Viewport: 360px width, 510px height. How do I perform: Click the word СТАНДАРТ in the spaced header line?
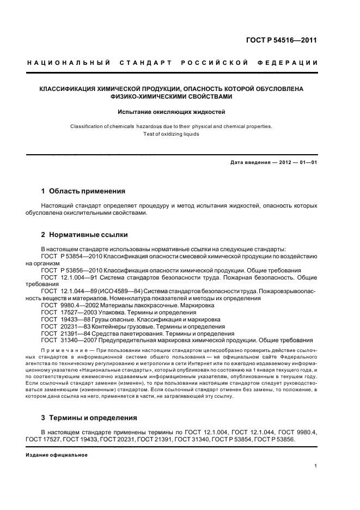tap(146, 64)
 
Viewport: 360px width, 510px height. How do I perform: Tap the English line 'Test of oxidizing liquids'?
tap(171, 134)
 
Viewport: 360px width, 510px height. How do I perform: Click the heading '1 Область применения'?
tap(83, 191)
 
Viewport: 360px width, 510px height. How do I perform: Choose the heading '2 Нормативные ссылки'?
tap(84, 235)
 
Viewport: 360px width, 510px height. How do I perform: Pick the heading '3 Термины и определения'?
tap(89, 418)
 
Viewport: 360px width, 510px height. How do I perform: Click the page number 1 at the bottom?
tap(315, 466)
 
